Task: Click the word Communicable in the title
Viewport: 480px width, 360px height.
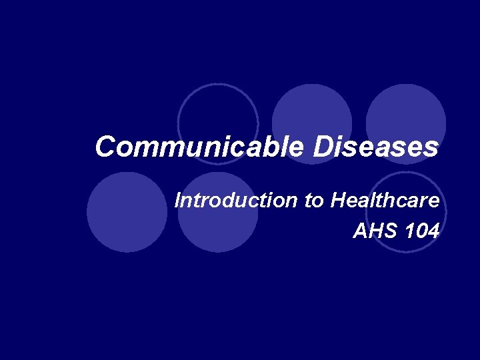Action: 201,147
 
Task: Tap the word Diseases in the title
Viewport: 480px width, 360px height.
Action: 377,147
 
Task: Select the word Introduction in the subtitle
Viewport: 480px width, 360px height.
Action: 237,200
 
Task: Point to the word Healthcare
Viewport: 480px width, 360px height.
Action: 385,200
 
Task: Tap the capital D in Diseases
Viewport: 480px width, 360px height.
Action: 325,147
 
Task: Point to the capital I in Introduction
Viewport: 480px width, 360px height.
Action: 177,200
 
